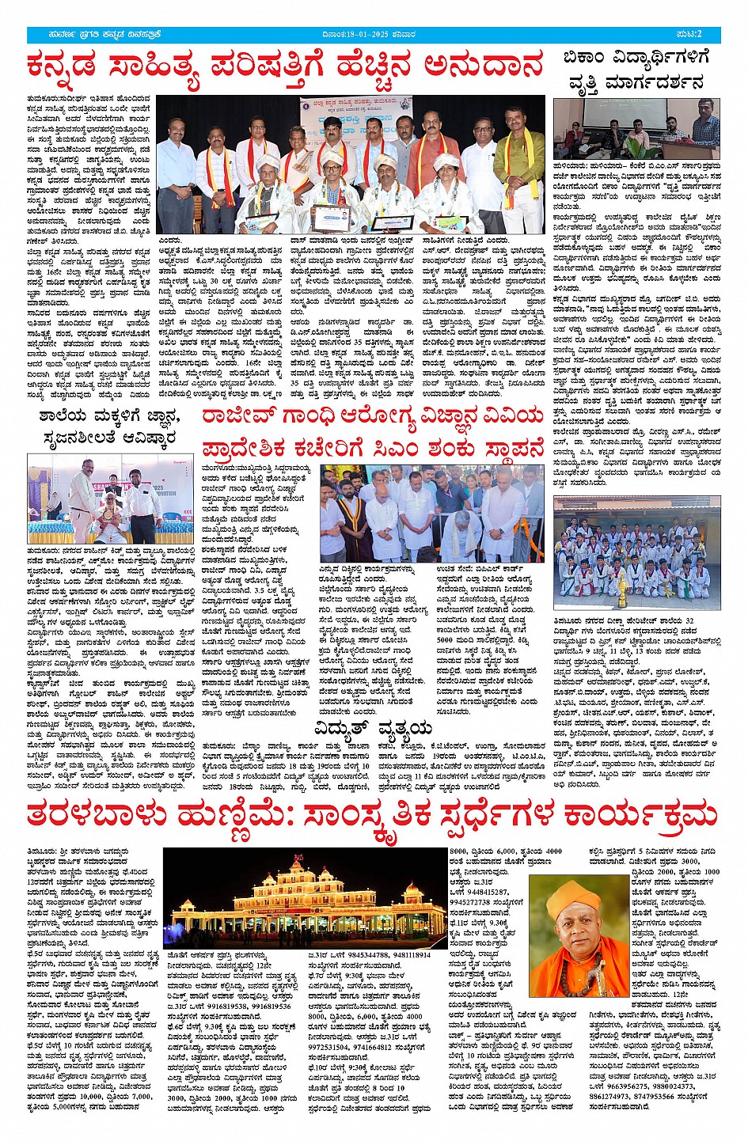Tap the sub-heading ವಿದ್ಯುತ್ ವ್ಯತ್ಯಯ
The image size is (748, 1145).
click(373, 727)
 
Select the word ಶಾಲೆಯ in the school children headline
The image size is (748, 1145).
click(64, 418)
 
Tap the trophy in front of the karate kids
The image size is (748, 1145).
click(621, 585)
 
